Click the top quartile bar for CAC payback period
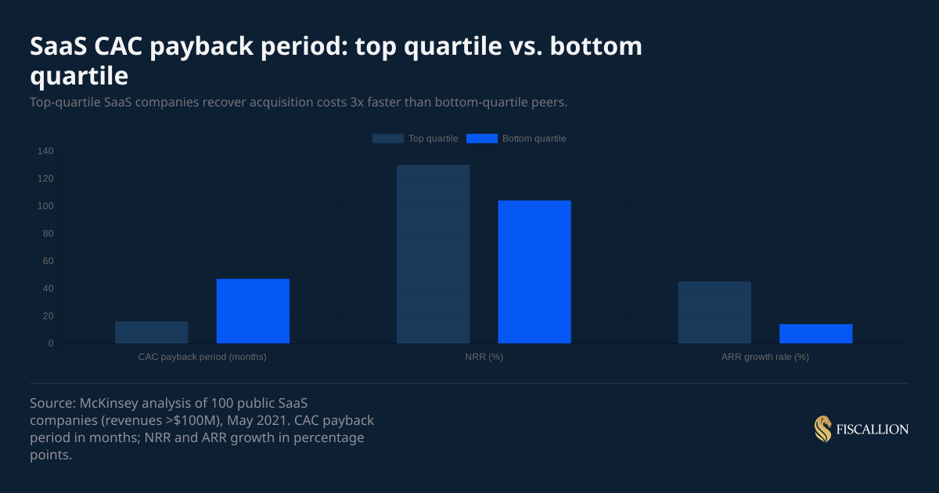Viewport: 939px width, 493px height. click(x=152, y=333)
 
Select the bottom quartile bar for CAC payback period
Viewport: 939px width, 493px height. click(x=253, y=311)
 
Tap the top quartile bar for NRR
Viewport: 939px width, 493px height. click(x=433, y=254)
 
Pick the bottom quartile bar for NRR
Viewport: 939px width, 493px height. click(x=534, y=272)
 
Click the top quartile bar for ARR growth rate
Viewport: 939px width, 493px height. click(x=714, y=312)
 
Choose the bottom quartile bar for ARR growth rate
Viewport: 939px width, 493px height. click(x=815, y=334)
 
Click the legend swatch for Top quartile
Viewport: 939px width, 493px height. click(x=387, y=139)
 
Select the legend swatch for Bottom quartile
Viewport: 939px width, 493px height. click(x=481, y=139)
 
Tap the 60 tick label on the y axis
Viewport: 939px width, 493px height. click(x=47, y=261)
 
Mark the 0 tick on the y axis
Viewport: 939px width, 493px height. click(x=50, y=344)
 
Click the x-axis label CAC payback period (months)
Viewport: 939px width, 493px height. click(x=202, y=357)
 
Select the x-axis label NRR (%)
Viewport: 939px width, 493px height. click(x=484, y=357)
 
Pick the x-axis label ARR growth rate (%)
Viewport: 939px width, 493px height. click(x=765, y=357)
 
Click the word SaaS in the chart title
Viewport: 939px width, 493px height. click(x=58, y=47)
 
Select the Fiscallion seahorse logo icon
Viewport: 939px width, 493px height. click(x=822, y=429)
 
